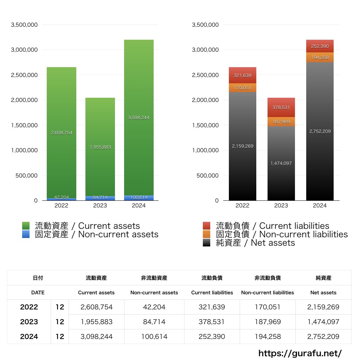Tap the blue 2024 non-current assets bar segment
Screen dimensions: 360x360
[139, 198]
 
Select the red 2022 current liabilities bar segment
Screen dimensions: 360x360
[242, 75]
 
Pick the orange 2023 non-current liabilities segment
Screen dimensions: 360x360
[281, 122]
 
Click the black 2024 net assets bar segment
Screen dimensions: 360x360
[320, 158]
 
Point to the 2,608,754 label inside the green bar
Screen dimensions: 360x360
[62, 133]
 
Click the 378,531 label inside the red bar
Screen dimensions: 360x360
[281, 108]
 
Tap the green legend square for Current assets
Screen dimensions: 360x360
[26, 226]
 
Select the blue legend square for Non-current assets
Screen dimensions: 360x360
[26, 234]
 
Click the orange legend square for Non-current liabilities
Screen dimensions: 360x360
[207, 234]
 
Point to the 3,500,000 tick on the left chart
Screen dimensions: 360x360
[24, 25]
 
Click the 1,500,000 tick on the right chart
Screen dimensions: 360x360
[205, 125]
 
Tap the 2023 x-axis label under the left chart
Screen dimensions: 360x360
[100, 206]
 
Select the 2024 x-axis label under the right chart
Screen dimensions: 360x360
[320, 206]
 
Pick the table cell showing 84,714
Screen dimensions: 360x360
[154, 322]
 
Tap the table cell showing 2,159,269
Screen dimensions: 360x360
[323, 307]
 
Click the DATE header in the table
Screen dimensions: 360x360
[38, 292]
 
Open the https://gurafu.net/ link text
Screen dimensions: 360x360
[300, 353]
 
